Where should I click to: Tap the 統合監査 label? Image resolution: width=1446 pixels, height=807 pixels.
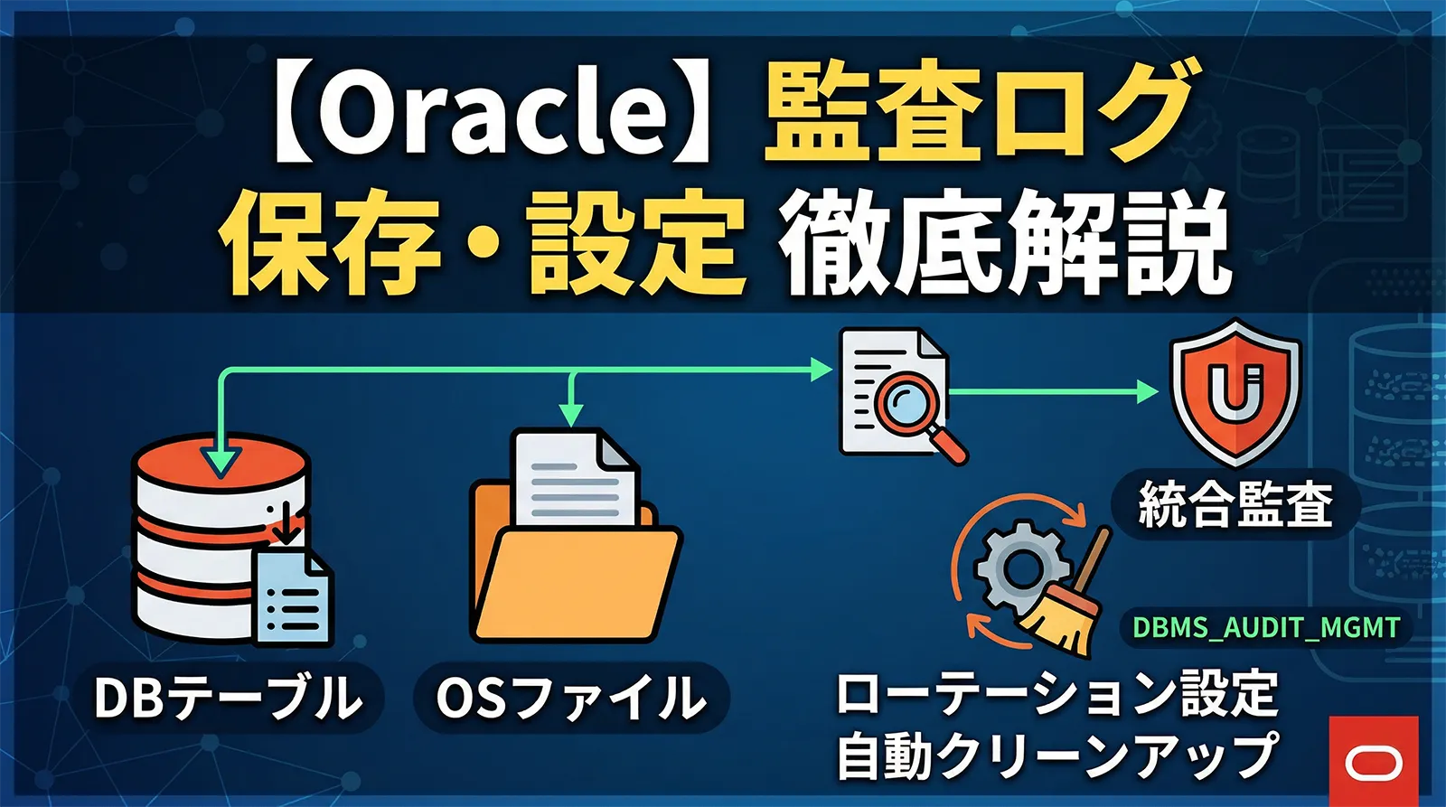pyautogui.click(x=1235, y=504)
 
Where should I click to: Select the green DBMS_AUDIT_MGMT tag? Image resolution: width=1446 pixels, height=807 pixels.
pyautogui.click(x=1265, y=627)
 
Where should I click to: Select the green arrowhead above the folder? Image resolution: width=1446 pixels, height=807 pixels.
pyautogui.click(x=570, y=415)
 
